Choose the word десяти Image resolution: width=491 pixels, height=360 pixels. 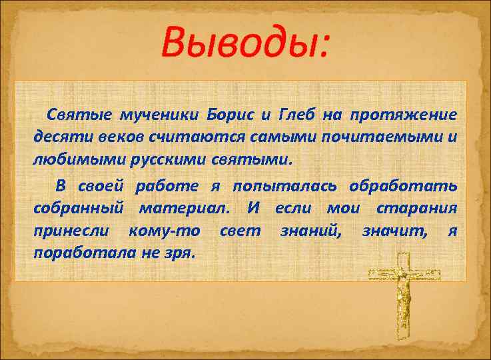(57, 138)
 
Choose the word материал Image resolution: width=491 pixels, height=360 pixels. (185, 208)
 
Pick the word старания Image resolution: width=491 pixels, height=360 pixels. (417, 208)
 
